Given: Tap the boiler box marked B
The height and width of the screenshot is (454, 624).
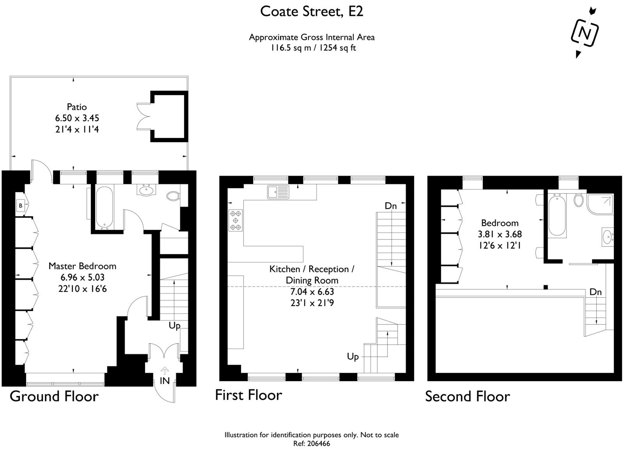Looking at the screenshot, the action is pyautogui.click(x=21, y=205).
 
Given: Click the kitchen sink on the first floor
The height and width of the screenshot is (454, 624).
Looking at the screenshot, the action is pyautogui.click(x=278, y=192).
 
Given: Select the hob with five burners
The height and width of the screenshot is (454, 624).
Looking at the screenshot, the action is pyautogui.click(x=236, y=220).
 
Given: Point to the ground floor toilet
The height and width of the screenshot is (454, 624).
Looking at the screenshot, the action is pyautogui.click(x=173, y=196).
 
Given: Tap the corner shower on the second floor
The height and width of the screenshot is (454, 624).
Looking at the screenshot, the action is pyautogui.click(x=600, y=204).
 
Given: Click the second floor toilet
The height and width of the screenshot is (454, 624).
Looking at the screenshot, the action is pyautogui.click(x=579, y=200).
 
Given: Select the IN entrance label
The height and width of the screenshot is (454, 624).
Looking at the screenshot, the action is pyautogui.click(x=165, y=381).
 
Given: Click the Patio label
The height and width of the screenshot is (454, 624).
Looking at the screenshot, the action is pyautogui.click(x=77, y=107).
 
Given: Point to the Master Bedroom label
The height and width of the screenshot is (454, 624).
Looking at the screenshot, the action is pyautogui.click(x=82, y=266).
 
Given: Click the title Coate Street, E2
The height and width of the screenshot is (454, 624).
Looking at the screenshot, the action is pyautogui.click(x=312, y=12).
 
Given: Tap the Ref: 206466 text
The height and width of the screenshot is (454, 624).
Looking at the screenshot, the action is pyautogui.click(x=312, y=444).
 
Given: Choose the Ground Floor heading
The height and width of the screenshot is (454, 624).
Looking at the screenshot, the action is pyautogui.click(x=54, y=396).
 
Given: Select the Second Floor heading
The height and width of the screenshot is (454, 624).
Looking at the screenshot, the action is pyautogui.click(x=467, y=396).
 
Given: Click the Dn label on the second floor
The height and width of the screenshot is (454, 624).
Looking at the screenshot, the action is pyautogui.click(x=595, y=292).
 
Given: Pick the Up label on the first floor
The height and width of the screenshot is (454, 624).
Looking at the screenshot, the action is pyautogui.click(x=353, y=357).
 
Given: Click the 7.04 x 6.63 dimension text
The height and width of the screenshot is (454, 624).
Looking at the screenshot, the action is pyautogui.click(x=312, y=291).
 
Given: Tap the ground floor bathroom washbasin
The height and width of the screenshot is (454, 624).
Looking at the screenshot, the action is pyautogui.click(x=146, y=190).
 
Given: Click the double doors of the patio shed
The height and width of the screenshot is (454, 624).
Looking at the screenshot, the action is pyautogui.click(x=144, y=117).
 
